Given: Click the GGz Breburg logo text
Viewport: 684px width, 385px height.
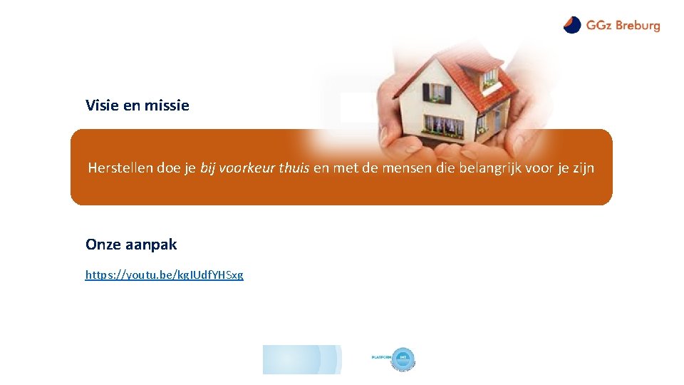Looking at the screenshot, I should point(623,26).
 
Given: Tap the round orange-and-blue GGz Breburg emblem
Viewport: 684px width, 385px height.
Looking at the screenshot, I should point(572,25).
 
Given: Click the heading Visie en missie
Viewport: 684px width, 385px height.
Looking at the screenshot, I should point(138,106).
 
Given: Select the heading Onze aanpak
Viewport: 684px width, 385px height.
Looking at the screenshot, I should point(131,245).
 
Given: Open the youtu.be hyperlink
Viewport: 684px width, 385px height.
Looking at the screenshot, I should point(164,274).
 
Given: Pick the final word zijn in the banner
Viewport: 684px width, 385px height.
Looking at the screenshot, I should point(582,168).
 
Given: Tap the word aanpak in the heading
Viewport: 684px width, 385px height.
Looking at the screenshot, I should point(151,245).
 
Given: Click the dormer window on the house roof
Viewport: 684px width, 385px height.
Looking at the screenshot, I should point(489,76).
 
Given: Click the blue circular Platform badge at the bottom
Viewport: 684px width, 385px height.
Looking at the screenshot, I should point(403,359).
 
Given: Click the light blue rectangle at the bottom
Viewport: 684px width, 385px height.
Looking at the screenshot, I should point(301,359).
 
